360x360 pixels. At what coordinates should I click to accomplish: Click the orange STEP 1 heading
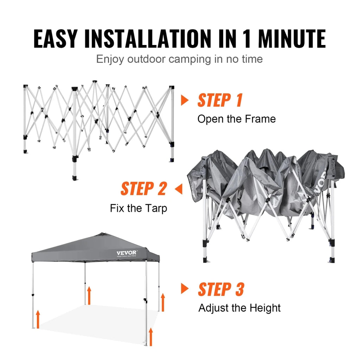pyautogui.click(x=220, y=100)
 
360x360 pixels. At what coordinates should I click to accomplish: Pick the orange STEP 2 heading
pyautogui.click(x=143, y=189)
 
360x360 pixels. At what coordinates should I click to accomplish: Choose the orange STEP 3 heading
pyautogui.click(x=221, y=289)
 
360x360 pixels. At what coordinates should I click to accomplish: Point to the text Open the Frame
pyautogui.click(x=236, y=119)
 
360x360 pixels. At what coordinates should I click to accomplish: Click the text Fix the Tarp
pyautogui.click(x=139, y=208)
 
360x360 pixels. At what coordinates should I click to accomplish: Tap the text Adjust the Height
pyautogui.click(x=239, y=308)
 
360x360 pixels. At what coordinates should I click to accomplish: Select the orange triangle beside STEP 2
pyautogui.click(x=179, y=189)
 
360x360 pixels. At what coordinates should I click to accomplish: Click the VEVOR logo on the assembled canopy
pyautogui.click(x=127, y=252)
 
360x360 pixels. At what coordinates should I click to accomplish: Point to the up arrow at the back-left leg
pyautogui.click(x=89, y=295)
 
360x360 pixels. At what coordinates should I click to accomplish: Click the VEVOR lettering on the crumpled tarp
pyautogui.click(x=320, y=182)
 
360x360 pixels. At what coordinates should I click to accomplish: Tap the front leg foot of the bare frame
pyautogui.click(x=75, y=178)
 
